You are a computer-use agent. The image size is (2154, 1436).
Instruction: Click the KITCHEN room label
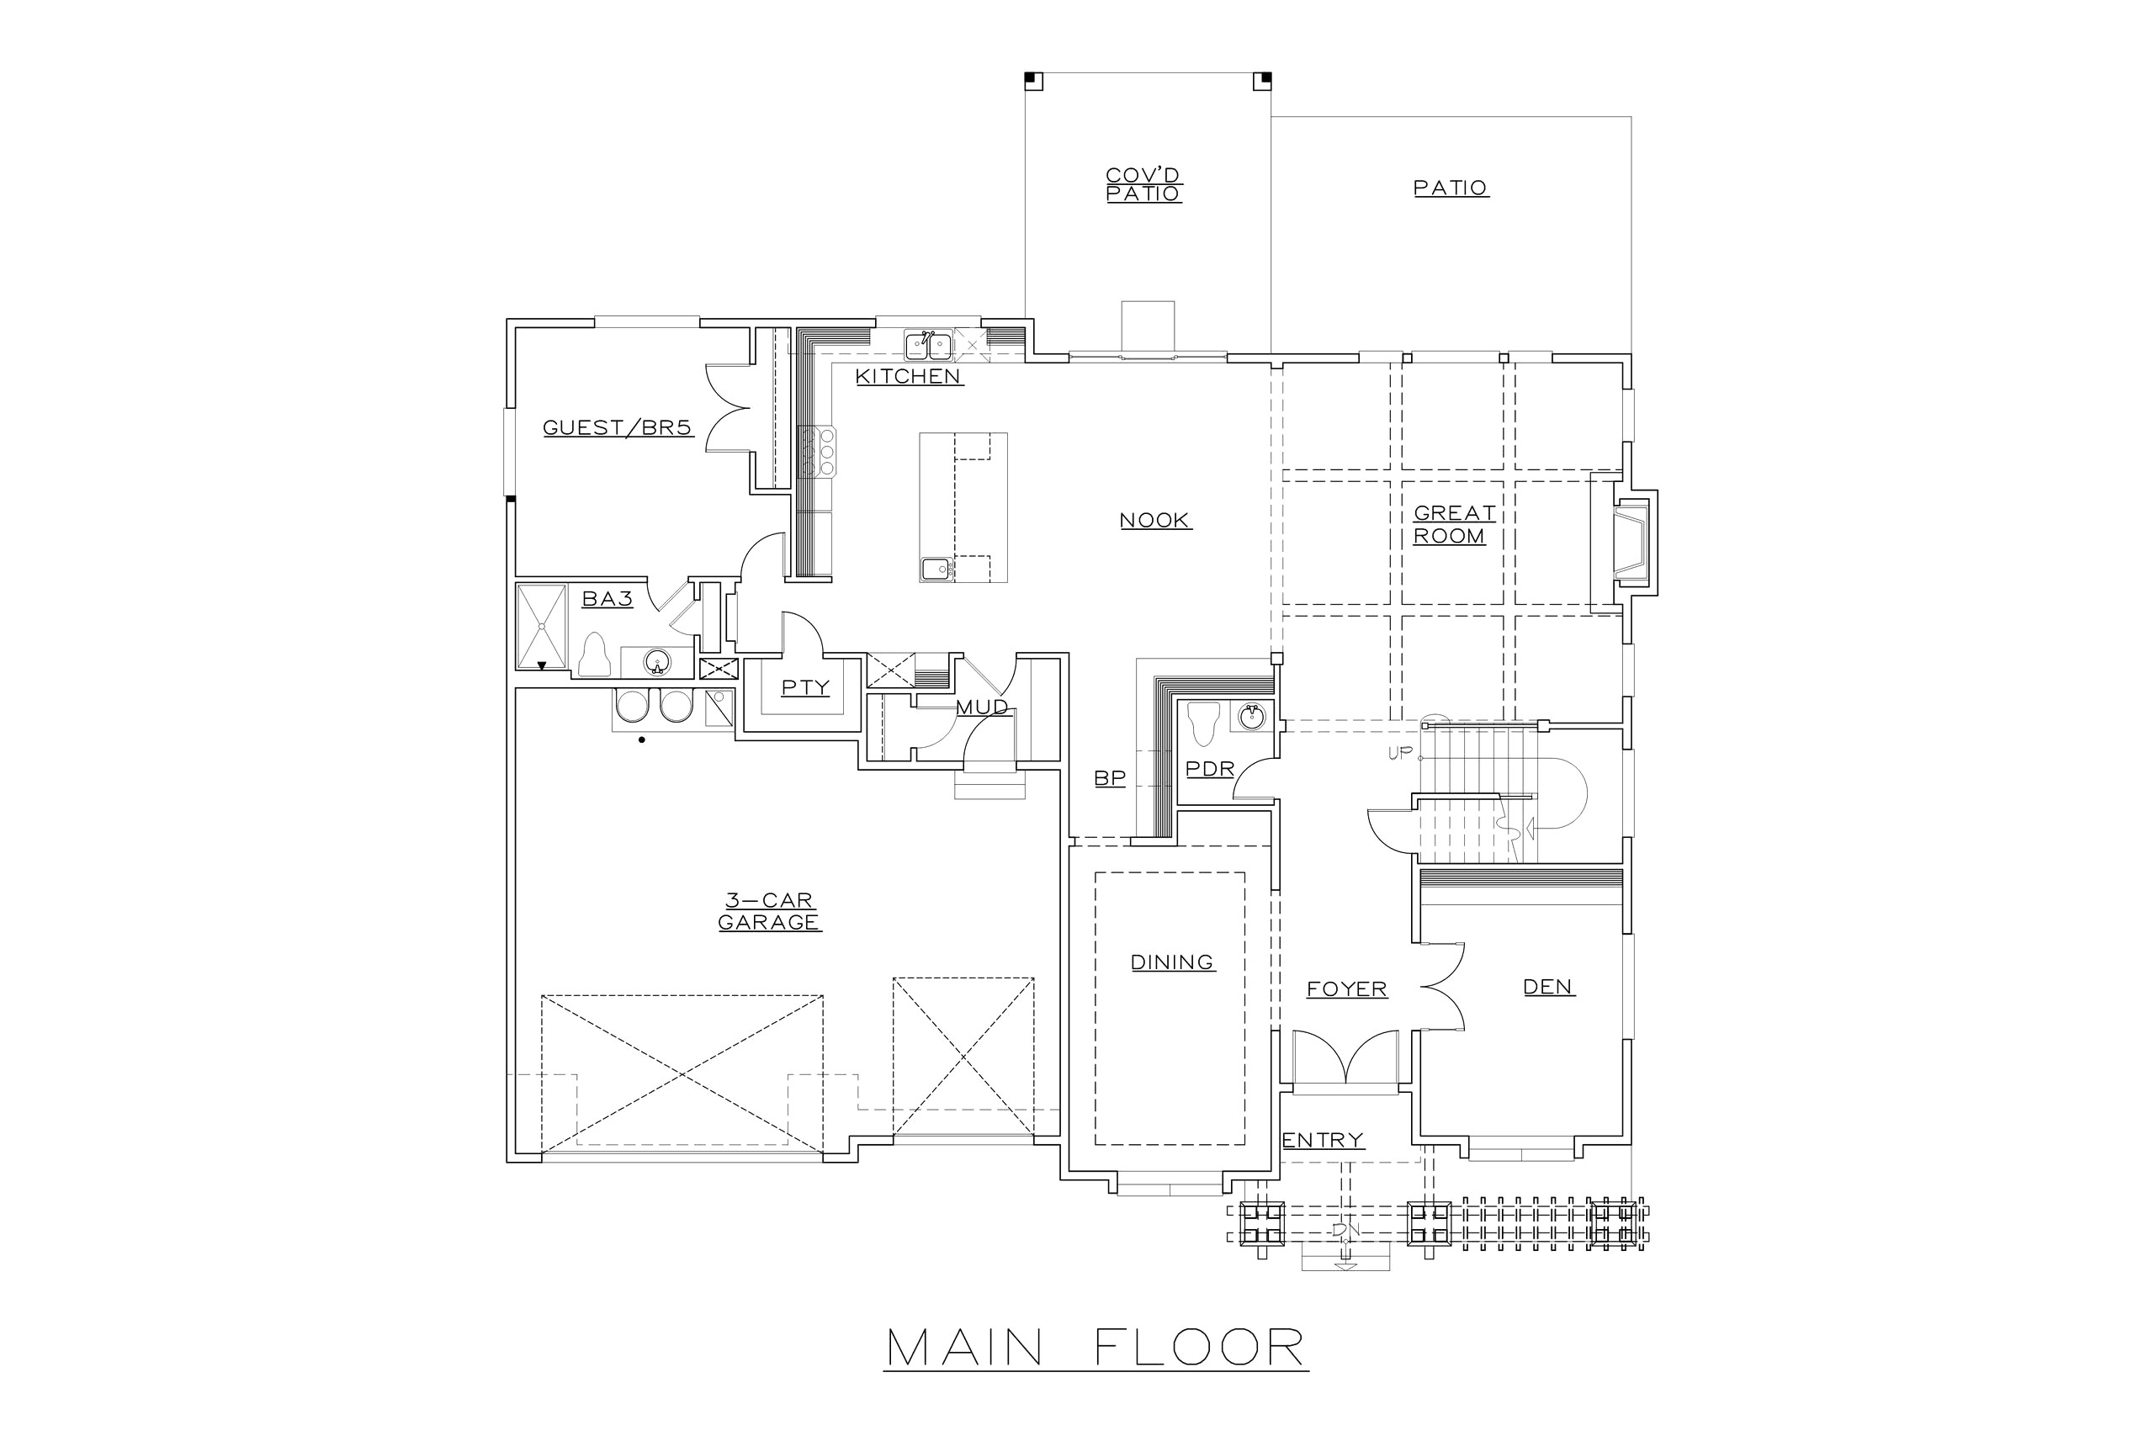pos(909,376)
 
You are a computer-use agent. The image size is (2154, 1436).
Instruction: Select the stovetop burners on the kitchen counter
pos(817,452)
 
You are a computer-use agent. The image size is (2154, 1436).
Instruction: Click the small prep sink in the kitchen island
pos(936,569)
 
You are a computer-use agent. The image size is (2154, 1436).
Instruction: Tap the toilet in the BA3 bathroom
pos(595,654)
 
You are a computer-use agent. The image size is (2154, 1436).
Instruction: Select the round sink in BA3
pos(655,660)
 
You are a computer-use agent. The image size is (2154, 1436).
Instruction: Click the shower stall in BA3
pos(542,627)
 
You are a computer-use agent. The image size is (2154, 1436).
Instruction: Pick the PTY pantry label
pos(805,688)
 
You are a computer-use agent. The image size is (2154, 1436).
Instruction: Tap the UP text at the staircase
pos(1401,754)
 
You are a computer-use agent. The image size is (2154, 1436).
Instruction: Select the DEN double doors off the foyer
pos(1444,989)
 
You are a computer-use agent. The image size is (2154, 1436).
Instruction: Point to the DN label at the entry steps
pos(1345,1232)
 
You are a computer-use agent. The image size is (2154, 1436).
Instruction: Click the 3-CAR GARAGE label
pos(769,911)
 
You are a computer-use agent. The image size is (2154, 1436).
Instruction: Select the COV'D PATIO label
pos(1143,184)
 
